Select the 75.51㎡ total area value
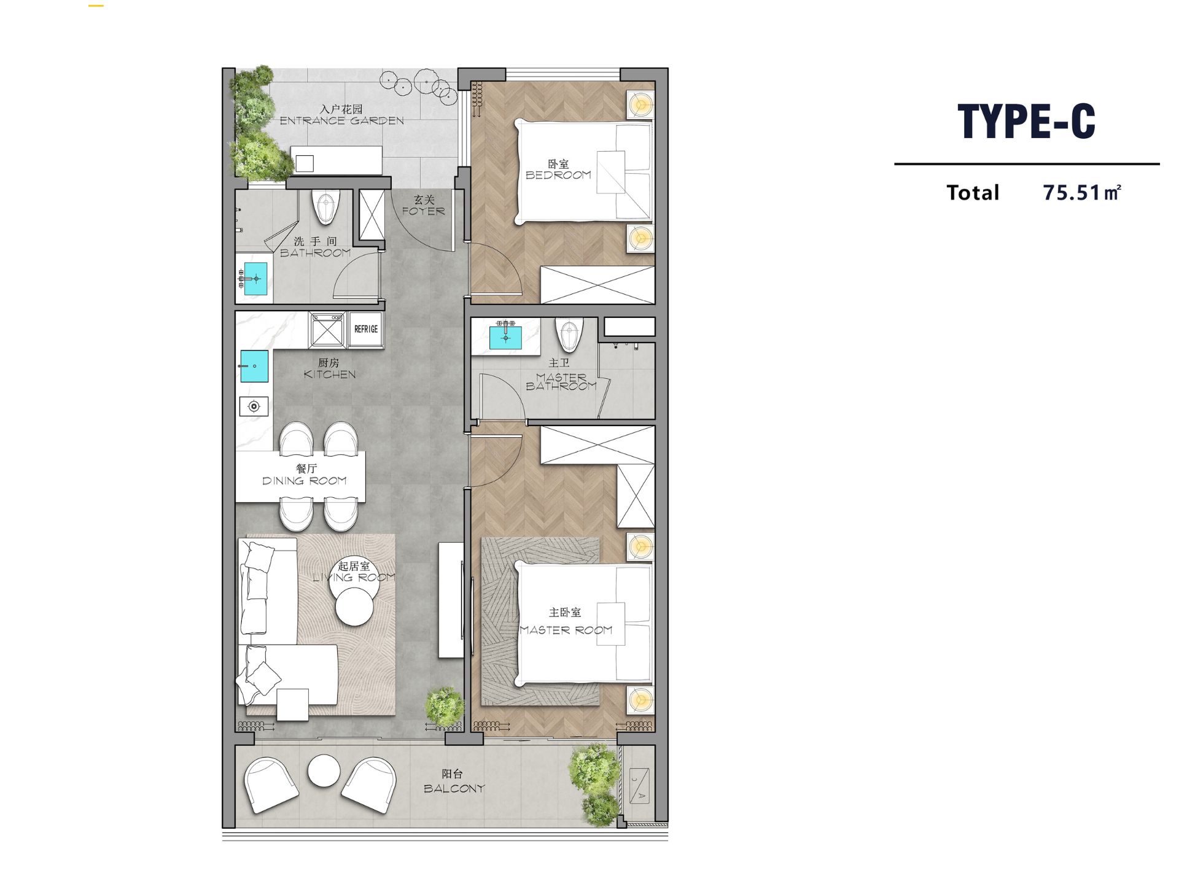pyautogui.click(x=1082, y=192)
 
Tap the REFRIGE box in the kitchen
pyautogui.click(x=366, y=330)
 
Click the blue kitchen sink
pyautogui.click(x=254, y=366)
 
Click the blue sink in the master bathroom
pyautogui.click(x=505, y=337)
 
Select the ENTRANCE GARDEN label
pyautogui.click(x=342, y=121)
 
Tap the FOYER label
pyautogui.click(x=423, y=211)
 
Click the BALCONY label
pyautogui.click(x=454, y=788)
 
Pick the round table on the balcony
pyautogui.click(x=324, y=770)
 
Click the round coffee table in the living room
pyautogui.click(x=354, y=607)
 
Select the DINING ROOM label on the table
pyautogui.click(x=305, y=481)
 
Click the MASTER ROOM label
pyautogui.click(x=566, y=630)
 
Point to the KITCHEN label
pyautogui.click(x=330, y=374)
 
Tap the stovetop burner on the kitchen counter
pyautogui.click(x=254, y=406)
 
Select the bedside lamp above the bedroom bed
pyautogui.click(x=640, y=105)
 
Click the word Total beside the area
pyautogui.click(x=973, y=193)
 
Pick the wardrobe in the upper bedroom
pyautogui.click(x=597, y=284)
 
